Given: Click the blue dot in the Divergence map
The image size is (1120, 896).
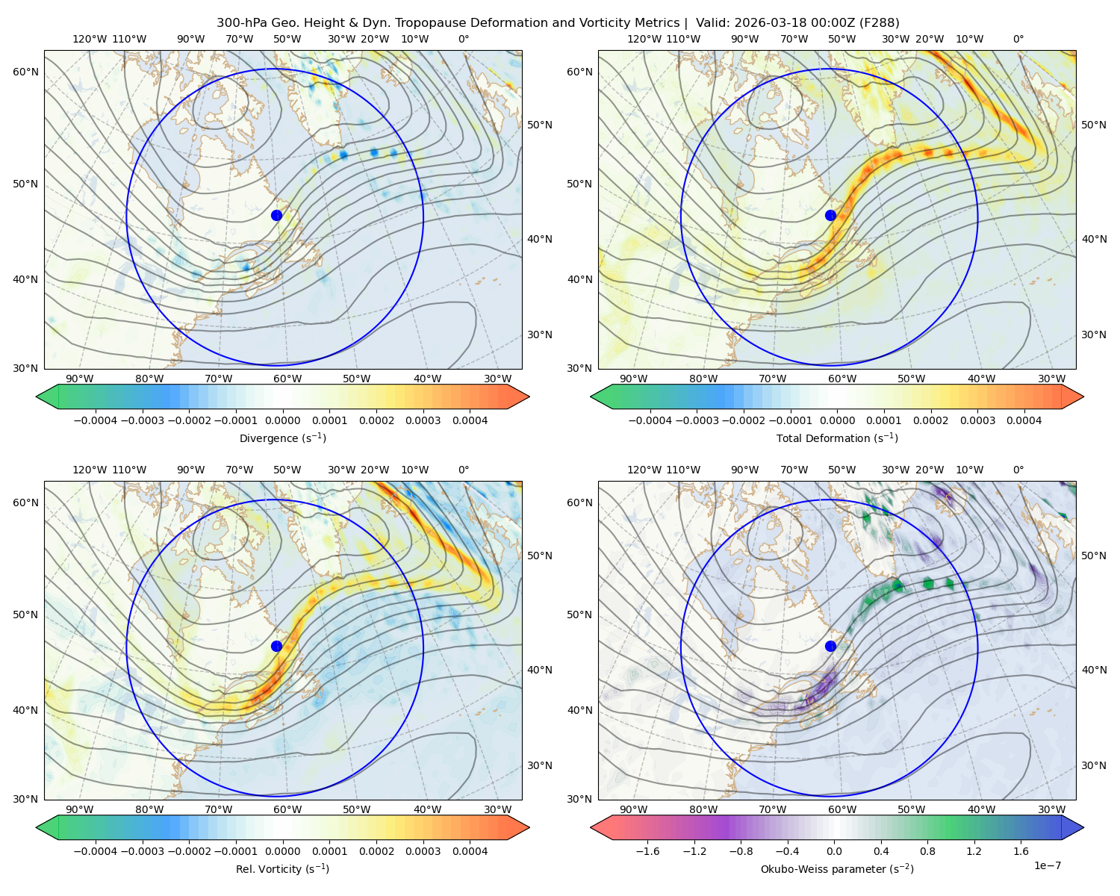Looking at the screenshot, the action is pyautogui.click(x=276, y=216).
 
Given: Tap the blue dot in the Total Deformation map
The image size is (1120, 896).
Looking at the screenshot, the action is pyautogui.click(x=830, y=216).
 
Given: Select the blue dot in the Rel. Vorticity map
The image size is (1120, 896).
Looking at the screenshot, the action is pyautogui.click(x=276, y=646).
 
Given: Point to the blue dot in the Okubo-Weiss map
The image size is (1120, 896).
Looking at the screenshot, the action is pyautogui.click(x=830, y=646).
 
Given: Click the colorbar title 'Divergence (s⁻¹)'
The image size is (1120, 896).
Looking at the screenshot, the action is pyautogui.click(x=282, y=438).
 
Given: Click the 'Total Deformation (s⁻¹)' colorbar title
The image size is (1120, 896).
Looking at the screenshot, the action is pyautogui.click(x=837, y=438).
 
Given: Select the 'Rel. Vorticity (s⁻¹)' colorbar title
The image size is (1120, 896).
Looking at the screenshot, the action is pyautogui.click(x=282, y=869).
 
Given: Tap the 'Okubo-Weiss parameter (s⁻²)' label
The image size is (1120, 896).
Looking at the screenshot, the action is pyautogui.click(x=837, y=869).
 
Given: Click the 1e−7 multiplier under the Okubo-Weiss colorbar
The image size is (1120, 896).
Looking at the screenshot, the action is pyautogui.click(x=1047, y=866).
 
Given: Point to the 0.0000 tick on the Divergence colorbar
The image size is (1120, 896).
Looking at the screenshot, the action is pyautogui.click(x=282, y=420).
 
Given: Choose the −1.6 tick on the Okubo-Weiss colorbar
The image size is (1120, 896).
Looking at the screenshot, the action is pyautogui.click(x=648, y=851).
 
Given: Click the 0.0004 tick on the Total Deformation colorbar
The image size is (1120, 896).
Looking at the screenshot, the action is pyautogui.click(x=1024, y=420).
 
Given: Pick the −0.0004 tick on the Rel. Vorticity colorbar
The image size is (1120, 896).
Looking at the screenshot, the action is pyautogui.click(x=96, y=851).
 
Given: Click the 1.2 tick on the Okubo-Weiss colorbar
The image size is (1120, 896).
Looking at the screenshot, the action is pyautogui.click(x=974, y=851).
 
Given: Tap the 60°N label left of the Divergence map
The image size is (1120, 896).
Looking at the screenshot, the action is pyautogui.click(x=25, y=72).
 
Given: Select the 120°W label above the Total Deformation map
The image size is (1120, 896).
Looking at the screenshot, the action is pyautogui.click(x=644, y=39).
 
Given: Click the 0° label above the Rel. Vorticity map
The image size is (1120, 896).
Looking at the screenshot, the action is pyautogui.click(x=464, y=470).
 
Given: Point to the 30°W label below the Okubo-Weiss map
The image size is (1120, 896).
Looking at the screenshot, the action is pyautogui.click(x=1052, y=809).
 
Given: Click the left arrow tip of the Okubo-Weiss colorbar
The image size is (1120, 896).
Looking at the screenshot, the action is pyautogui.click(x=591, y=827).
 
